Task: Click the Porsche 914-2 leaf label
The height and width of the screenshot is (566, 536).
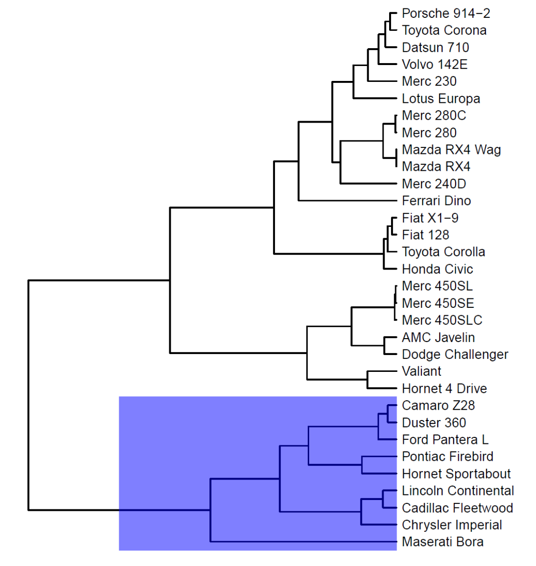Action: tap(446, 13)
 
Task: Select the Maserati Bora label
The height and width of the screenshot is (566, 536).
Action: tap(443, 542)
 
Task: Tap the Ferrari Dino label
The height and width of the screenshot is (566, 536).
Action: tap(436, 201)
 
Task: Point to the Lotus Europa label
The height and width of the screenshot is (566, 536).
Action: tap(441, 98)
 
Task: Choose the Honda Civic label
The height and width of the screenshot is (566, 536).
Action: tap(437, 269)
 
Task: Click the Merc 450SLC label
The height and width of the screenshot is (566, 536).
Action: tap(442, 320)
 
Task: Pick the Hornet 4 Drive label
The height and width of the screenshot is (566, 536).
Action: tap(444, 388)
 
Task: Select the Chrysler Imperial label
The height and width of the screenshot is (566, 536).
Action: tap(452, 525)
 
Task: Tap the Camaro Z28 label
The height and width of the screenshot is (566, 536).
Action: tap(438, 406)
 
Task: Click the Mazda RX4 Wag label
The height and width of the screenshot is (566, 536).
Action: tap(451, 149)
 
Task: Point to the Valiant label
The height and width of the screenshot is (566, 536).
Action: tap(421, 371)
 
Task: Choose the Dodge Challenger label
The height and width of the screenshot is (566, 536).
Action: tap(455, 354)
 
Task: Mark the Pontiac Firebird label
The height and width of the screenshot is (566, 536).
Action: tap(447, 457)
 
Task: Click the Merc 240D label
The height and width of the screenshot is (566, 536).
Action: tap(434, 184)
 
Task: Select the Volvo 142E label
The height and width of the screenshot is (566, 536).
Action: tap(434, 65)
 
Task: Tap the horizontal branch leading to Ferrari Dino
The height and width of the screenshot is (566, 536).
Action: tap(347, 201)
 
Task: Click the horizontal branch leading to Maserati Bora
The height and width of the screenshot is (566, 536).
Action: tap(303, 541)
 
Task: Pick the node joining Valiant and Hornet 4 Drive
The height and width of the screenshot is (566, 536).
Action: tap(367, 380)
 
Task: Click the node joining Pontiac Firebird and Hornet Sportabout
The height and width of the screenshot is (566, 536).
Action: tap(362, 465)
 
